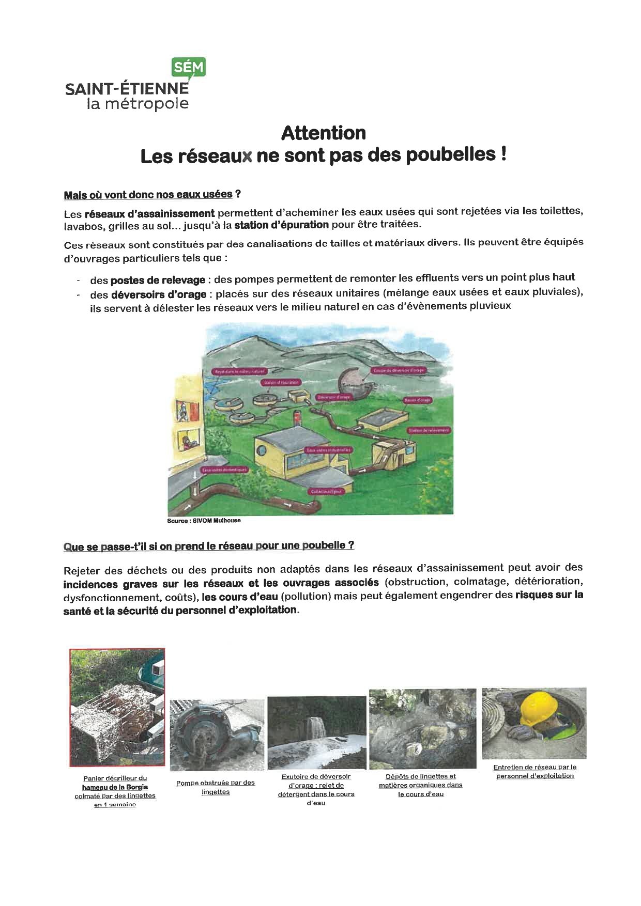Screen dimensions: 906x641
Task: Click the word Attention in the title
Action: [324, 133]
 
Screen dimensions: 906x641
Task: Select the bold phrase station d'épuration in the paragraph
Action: [281, 225]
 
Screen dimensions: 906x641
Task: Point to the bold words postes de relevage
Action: [158, 280]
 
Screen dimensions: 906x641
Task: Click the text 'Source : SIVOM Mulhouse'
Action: [204, 521]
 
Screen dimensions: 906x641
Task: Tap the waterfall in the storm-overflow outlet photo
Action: [314, 729]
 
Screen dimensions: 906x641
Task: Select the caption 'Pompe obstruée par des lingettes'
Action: [216, 787]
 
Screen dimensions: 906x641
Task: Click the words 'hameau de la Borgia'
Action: [115, 787]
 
